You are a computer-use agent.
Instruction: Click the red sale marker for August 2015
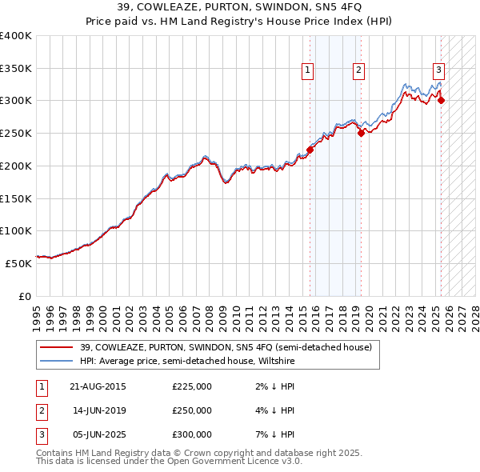[x=310, y=149]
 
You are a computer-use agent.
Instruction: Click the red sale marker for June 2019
[x=361, y=133]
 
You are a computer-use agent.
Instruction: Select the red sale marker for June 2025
[x=441, y=100]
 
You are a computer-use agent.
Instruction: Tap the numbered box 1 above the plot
[x=308, y=70]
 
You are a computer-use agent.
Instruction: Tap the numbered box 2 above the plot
[x=358, y=70]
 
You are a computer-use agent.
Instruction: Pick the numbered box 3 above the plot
[x=439, y=70]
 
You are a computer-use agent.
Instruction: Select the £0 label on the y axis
[x=25, y=296]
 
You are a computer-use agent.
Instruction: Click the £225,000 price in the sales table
[x=192, y=386]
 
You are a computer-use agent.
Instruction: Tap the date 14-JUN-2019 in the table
[x=99, y=410]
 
